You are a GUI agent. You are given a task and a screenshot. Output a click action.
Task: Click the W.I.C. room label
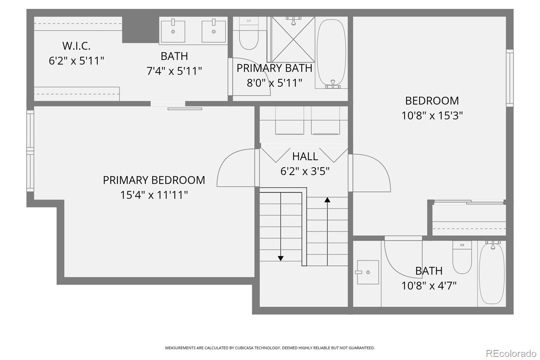(76, 46)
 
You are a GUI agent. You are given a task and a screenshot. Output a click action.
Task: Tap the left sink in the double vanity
(173, 31)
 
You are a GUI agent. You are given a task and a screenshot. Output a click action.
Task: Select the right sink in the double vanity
(214, 31)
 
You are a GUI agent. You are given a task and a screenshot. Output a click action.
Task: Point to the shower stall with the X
(293, 40)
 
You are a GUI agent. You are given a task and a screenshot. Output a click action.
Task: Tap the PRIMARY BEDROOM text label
(154, 180)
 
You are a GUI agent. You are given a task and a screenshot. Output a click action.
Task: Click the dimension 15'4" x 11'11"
(154, 195)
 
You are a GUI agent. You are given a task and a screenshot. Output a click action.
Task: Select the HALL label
(305, 156)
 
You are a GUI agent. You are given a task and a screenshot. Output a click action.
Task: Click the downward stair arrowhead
(280, 258)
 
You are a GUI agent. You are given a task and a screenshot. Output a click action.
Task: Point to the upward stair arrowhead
(327, 200)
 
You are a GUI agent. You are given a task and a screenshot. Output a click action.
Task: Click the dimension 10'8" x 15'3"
(432, 115)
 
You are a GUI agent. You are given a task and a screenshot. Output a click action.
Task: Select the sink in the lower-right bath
(368, 272)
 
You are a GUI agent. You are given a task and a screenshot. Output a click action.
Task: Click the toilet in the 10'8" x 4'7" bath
(462, 258)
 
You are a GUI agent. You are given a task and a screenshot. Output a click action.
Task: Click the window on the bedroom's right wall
(510, 78)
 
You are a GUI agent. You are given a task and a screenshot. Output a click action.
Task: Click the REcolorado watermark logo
(511, 354)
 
